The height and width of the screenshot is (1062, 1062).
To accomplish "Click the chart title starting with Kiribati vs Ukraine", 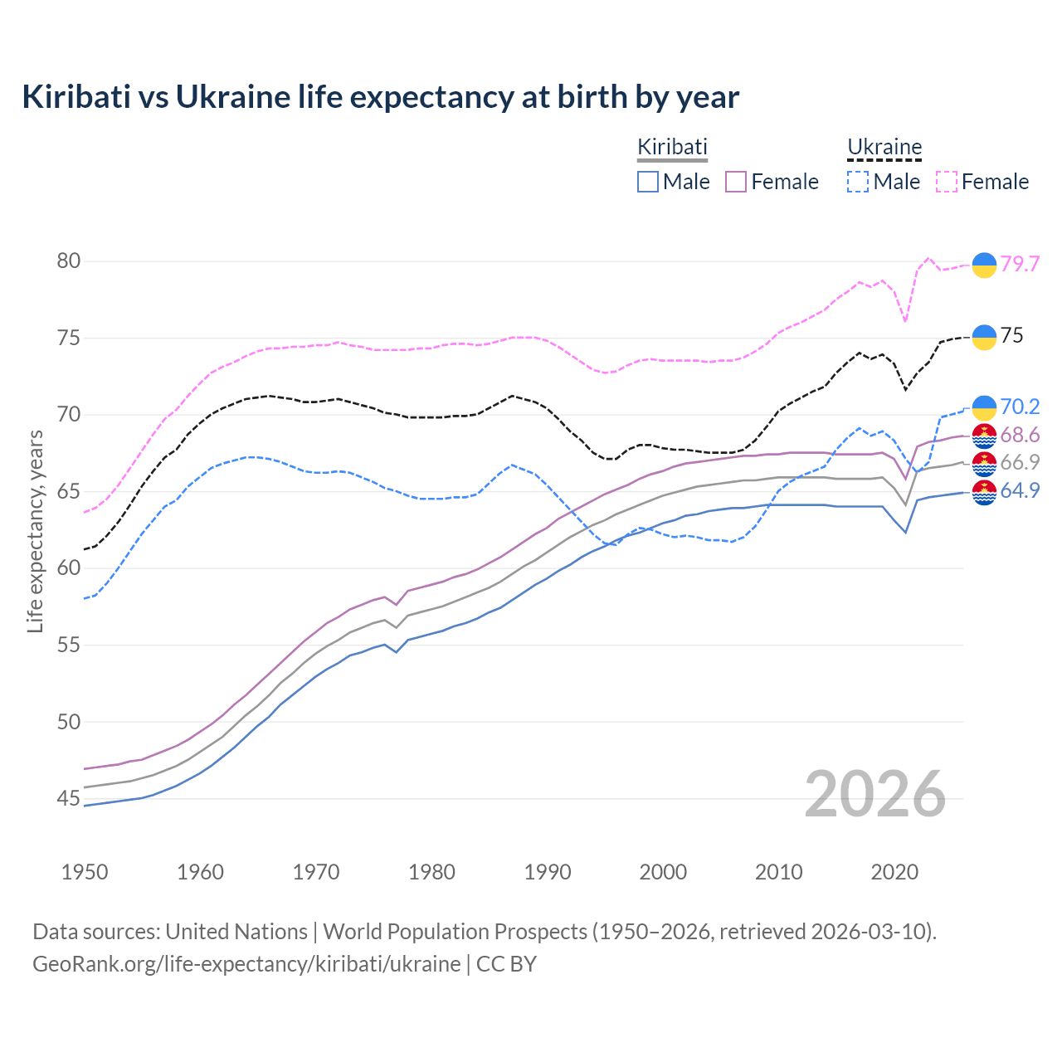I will pyautogui.click(x=380, y=97).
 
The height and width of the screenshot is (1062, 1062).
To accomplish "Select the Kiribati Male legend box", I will pyautogui.click(x=648, y=182).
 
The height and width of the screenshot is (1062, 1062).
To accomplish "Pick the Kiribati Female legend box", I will pyautogui.click(x=737, y=182).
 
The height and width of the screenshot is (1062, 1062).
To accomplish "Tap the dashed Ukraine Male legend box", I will pyautogui.click(x=858, y=182).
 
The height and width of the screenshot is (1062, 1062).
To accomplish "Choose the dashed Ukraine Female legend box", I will pyautogui.click(x=947, y=182).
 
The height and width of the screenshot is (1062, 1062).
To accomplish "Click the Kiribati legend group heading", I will pyautogui.click(x=672, y=148).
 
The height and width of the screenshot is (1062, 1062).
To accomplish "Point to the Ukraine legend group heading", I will pyautogui.click(x=884, y=148).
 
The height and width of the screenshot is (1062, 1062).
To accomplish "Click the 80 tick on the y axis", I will pyautogui.click(x=68, y=261).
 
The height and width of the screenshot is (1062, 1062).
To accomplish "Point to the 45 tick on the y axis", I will pyautogui.click(x=68, y=799).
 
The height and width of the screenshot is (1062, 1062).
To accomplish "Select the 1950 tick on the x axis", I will pyautogui.click(x=85, y=872).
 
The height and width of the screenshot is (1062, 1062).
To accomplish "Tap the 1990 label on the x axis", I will pyautogui.click(x=548, y=872).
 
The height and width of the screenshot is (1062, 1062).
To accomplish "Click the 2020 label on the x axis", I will pyautogui.click(x=894, y=872).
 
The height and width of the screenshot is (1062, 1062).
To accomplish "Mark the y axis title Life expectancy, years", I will pyautogui.click(x=35, y=531).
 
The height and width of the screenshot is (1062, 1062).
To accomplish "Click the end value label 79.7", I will pyautogui.click(x=1020, y=264).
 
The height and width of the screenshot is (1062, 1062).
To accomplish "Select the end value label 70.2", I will pyautogui.click(x=1020, y=407).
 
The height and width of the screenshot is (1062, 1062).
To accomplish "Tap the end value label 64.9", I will pyautogui.click(x=1020, y=490).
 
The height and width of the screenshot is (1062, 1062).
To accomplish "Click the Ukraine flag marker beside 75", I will pyautogui.click(x=984, y=337).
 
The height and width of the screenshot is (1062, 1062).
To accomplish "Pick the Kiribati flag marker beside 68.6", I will pyautogui.click(x=984, y=436).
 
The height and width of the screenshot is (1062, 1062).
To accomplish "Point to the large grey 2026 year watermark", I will pyautogui.click(x=874, y=795).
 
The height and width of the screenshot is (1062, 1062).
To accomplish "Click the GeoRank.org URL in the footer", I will pyautogui.click(x=246, y=964).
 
